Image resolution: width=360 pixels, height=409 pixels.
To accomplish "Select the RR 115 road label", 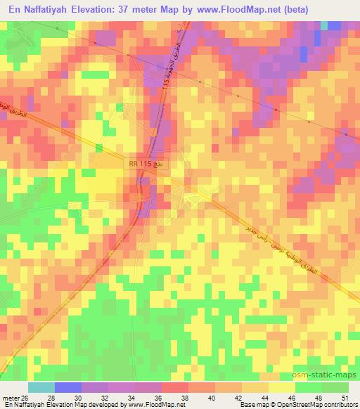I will pos(141,163).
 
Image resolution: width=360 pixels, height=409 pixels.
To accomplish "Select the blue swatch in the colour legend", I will pos(67,387).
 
